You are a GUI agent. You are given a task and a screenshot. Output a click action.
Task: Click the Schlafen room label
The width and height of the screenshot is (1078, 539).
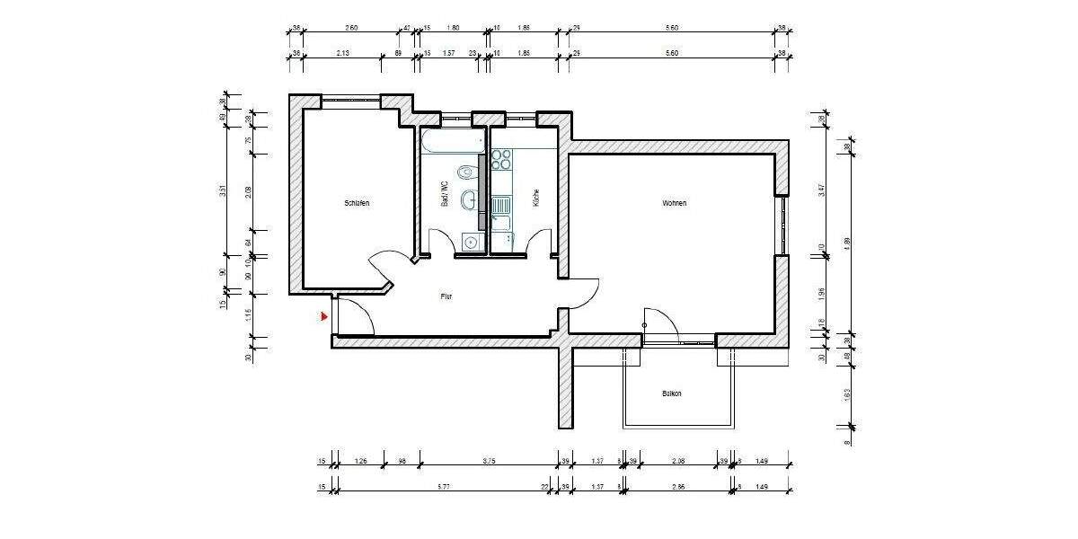tap(357, 204)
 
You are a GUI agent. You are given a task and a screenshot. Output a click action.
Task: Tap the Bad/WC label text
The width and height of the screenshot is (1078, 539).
tap(444, 195)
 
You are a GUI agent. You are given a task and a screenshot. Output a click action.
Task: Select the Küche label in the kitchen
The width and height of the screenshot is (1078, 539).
tap(536, 199)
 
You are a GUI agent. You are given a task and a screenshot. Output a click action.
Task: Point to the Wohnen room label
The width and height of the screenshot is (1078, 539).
tap(675, 204)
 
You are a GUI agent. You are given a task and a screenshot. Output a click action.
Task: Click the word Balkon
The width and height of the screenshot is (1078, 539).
tap(673, 393)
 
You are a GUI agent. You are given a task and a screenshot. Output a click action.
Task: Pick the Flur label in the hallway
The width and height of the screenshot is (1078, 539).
tap(446, 296)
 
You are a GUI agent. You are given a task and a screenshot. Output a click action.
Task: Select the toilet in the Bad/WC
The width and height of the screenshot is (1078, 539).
tap(464, 172)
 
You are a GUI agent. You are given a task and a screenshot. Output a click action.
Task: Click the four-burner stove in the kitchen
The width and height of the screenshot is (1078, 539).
tap(501, 159)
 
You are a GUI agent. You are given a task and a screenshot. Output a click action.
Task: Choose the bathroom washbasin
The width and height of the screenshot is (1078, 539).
tap(469, 199)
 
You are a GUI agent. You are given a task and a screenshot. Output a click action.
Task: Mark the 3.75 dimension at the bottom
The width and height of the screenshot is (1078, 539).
tap(489, 462)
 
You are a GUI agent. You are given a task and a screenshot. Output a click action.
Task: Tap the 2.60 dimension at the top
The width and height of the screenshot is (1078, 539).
tap(351, 28)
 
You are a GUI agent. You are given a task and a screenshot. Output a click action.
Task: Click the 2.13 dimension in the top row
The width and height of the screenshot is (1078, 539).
tap(343, 53)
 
